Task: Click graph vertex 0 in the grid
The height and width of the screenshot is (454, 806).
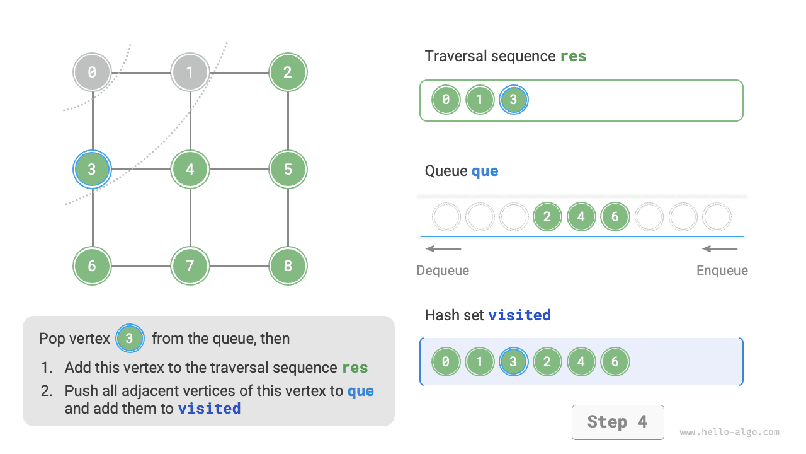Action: point(92,72)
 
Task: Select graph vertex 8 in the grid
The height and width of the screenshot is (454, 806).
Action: point(288,266)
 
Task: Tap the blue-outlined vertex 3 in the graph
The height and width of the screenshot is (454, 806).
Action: point(92,169)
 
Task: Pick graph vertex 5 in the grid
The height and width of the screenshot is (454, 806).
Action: point(288,169)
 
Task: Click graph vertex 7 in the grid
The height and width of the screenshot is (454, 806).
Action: point(190,266)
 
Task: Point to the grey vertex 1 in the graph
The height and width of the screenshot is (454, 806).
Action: point(190,72)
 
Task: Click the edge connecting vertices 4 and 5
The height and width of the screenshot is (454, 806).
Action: point(239,169)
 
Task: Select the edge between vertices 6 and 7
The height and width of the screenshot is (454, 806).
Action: point(141,266)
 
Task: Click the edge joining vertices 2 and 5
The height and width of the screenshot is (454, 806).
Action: point(288,120)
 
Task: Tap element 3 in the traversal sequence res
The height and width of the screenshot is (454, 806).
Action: point(514,100)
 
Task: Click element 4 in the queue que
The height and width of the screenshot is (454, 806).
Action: point(581,217)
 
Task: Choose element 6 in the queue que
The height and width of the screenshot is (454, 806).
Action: point(615,217)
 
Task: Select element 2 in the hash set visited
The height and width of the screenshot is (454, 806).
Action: point(547,362)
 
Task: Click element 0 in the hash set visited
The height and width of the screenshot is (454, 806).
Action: point(446,362)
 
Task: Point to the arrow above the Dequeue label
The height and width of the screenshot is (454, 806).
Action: point(443,248)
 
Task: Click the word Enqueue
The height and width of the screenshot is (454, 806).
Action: point(722,271)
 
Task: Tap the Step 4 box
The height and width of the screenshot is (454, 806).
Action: point(617,422)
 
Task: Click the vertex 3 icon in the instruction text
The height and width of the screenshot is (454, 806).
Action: point(130,339)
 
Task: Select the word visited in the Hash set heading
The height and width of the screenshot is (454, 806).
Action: point(519,315)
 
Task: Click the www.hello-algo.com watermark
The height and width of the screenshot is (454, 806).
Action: point(729,433)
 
